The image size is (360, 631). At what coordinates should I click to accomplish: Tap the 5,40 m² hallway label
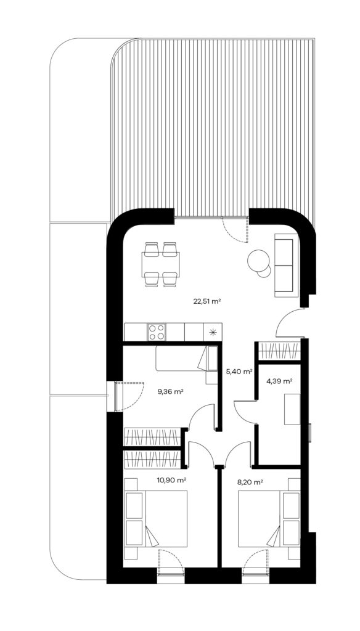click(239, 372)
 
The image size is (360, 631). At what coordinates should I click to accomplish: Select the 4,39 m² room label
click(279, 381)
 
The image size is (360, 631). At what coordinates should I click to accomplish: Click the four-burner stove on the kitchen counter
click(157, 332)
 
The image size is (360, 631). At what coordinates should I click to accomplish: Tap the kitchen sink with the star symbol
click(213, 332)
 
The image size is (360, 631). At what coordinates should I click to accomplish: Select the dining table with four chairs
click(161, 264)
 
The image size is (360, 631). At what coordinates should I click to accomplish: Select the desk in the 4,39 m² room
click(292, 409)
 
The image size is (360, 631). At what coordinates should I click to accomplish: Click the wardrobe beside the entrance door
click(279, 351)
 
